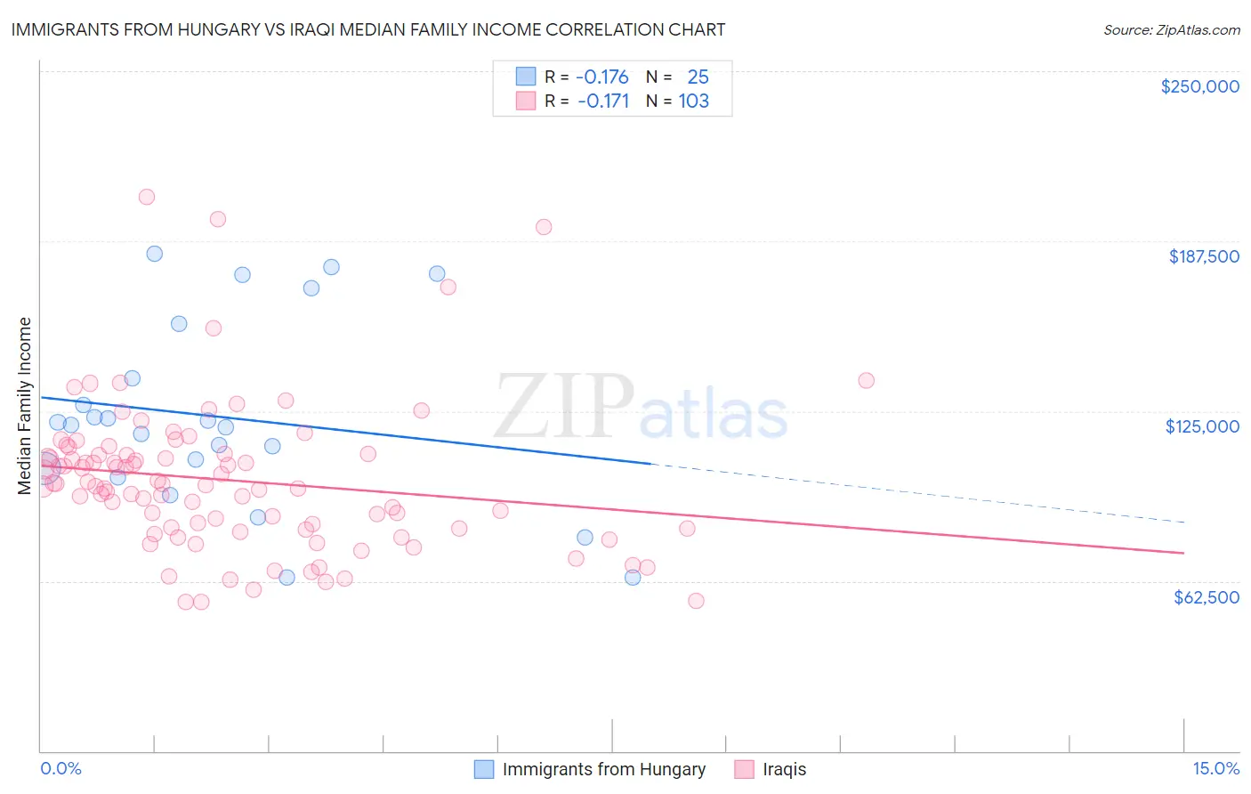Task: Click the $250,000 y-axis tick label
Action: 1199,86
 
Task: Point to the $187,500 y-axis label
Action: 1203,256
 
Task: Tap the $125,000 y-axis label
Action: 1202,426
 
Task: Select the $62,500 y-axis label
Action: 1206,596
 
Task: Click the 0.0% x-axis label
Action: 61,768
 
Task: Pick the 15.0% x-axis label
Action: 1215,768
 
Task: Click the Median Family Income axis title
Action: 25,406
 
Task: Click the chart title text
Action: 367,29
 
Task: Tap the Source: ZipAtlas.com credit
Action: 1171,29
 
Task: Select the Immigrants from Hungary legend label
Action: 603,769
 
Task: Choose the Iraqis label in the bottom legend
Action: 784,769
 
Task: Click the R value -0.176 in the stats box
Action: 601,77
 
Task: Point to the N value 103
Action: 694,101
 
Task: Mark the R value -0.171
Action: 602,101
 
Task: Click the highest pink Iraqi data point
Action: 147,197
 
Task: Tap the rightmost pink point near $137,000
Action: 866,380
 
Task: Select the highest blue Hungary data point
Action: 154,254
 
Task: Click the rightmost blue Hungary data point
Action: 633,577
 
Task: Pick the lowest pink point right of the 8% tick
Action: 696,601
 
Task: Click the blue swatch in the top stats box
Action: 526,77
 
